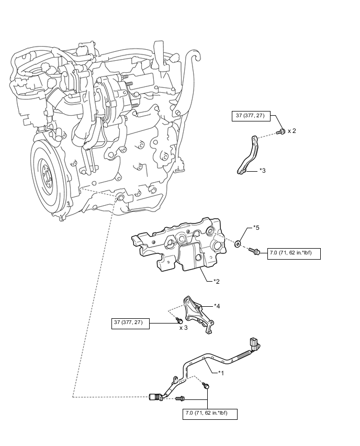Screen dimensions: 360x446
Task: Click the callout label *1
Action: point(221,373)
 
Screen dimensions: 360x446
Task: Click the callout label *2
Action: point(217,281)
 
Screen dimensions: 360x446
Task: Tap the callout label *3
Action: point(263,170)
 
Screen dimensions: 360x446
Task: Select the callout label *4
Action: point(217,306)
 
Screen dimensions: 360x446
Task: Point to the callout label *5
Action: point(256,228)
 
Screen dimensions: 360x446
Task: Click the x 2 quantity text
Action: point(292,131)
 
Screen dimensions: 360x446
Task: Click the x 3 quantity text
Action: point(184,328)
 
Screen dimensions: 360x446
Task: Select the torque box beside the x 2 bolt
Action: point(251,116)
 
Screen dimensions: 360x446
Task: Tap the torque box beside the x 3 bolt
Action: point(130,324)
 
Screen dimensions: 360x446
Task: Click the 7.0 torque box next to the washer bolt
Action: point(294,254)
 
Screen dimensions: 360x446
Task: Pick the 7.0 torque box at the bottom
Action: point(210,414)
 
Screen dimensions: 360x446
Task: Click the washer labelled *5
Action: point(238,243)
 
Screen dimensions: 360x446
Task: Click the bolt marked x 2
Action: point(281,131)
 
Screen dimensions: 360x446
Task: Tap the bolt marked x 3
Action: point(179,320)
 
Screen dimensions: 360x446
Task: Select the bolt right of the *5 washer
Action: point(254,251)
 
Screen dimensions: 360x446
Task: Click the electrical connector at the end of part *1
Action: point(254,343)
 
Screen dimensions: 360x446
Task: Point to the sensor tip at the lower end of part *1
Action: point(154,397)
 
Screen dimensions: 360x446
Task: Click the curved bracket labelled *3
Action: point(248,155)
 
